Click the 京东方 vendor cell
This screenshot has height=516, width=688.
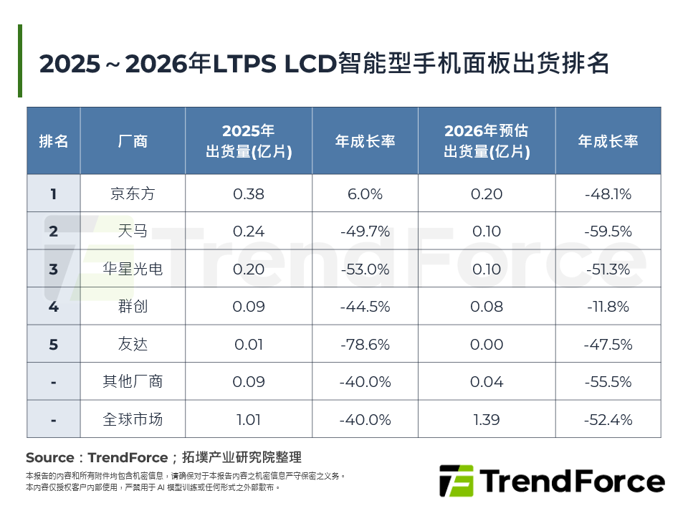[x=133, y=193]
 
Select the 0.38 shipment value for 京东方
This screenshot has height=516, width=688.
[x=249, y=193]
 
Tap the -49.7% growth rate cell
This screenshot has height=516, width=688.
[x=365, y=231]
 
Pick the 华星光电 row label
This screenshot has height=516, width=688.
[x=133, y=269]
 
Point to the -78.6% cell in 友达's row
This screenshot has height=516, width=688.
[x=365, y=345]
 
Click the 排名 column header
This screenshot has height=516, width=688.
[x=54, y=141]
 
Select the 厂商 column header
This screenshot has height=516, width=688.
[x=133, y=141]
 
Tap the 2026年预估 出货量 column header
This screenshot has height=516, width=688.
[x=487, y=141]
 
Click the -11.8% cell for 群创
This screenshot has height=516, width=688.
[x=608, y=307]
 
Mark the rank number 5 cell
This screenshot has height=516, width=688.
[x=54, y=345]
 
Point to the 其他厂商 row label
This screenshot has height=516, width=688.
[x=133, y=382]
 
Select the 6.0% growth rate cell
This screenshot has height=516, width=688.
[x=365, y=193]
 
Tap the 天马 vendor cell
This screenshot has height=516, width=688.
[x=133, y=231]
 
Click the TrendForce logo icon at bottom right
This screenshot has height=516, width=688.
[x=456, y=481]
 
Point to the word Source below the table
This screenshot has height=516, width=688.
[x=49, y=458]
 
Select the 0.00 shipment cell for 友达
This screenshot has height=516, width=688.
[x=487, y=345]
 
